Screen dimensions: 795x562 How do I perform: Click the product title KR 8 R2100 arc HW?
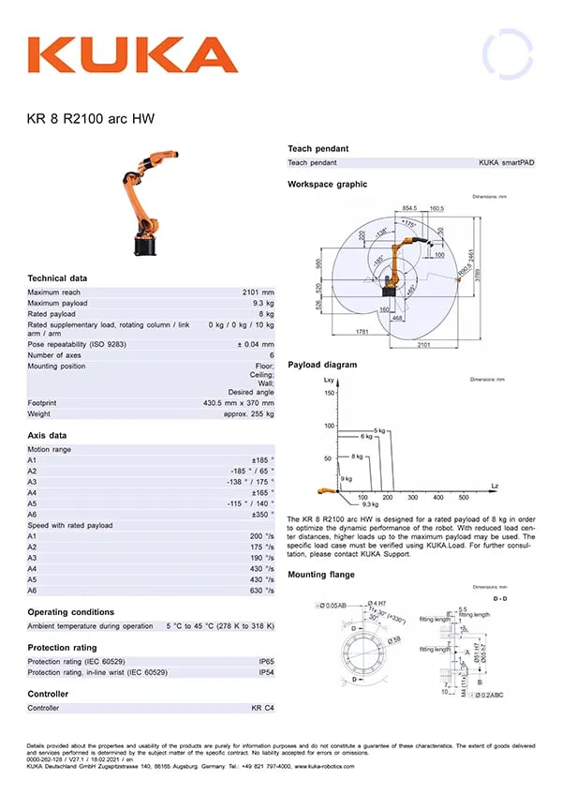(90, 119)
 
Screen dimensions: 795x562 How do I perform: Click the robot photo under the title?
(147, 202)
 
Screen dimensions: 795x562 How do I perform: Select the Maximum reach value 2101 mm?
(258, 292)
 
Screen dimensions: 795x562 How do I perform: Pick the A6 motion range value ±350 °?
(263, 514)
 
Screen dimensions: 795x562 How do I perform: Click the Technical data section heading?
(57, 278)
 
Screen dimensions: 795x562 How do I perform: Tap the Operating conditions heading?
(71, 612)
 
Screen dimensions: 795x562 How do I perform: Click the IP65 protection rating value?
(266, 662)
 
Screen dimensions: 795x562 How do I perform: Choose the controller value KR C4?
(262, 708)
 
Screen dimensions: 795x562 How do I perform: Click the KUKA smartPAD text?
(506, 162)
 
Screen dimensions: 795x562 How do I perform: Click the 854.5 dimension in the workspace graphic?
(410, 208)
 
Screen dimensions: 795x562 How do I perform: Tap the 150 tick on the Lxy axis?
(329, 393)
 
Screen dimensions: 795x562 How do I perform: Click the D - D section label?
(500, 597)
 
